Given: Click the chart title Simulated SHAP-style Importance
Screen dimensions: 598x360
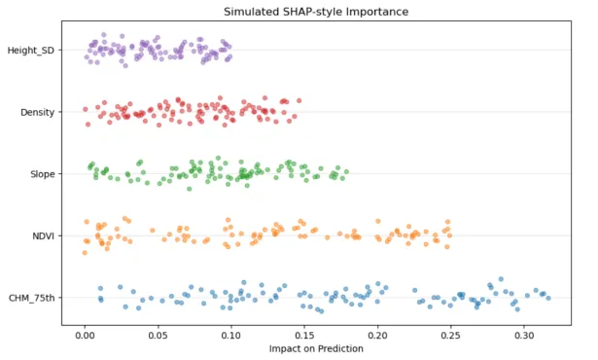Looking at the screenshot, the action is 316,12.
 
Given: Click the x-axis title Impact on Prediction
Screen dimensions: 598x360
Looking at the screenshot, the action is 316,348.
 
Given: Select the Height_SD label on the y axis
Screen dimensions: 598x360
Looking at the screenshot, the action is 31,51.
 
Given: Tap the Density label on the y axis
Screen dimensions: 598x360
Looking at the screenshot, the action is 37,112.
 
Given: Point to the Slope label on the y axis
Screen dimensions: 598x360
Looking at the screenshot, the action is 43,174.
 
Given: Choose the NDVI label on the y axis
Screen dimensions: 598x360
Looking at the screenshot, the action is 43,235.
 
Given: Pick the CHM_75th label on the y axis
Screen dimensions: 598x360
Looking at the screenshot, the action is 32,298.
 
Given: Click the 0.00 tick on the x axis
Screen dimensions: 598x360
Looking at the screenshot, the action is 85,336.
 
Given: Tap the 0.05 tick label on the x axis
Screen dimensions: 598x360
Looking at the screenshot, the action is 158,336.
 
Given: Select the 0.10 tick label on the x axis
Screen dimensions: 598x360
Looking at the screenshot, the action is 231,336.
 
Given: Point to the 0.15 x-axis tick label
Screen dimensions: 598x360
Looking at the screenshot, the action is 304,336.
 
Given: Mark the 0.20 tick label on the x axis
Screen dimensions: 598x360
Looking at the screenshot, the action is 377,336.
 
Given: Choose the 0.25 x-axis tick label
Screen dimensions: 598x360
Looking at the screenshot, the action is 451,336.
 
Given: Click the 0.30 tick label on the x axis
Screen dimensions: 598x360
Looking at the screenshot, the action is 524,336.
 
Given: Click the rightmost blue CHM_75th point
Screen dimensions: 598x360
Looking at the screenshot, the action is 548,298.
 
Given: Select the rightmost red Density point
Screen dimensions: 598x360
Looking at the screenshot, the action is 299,101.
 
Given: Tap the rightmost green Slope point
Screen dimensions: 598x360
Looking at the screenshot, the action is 346,172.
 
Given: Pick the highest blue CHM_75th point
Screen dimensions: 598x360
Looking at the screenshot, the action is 501,279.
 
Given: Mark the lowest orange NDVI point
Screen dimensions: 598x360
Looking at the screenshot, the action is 85,253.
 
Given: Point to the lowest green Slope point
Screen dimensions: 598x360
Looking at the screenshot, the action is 190,189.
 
